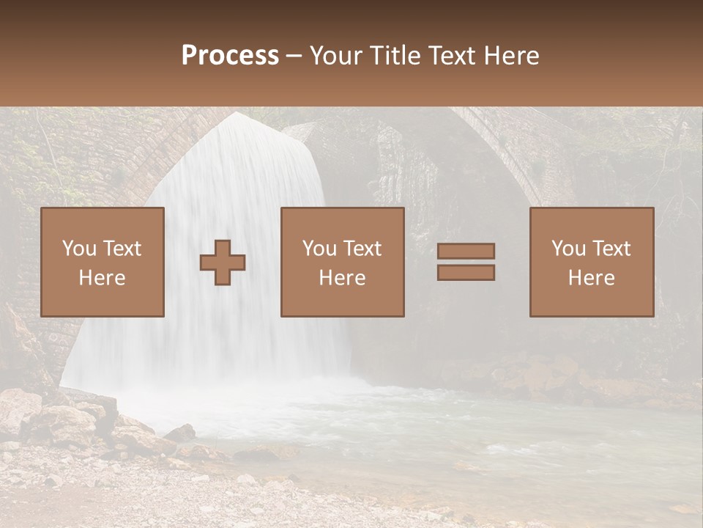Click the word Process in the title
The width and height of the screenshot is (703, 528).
coord(230,56)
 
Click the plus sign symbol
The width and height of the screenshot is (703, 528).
coord(223,263)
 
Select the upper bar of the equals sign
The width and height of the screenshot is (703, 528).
coord(466,251)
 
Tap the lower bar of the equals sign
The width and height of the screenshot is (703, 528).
coord(466,273)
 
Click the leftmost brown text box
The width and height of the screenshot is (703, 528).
coord(102,262)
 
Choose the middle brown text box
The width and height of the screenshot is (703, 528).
coord(342,262)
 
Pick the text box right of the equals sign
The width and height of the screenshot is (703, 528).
coord(592,262)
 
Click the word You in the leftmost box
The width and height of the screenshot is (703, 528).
coord(78,249)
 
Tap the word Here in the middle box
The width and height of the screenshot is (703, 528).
coord(342,278)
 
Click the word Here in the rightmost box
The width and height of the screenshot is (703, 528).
coord(592,278)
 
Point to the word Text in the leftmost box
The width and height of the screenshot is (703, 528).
coord(122,249)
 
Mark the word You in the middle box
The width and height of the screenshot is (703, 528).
coord(319,249)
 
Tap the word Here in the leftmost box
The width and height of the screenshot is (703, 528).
coord(102,278)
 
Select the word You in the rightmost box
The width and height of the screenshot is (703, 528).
coord(568,249)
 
